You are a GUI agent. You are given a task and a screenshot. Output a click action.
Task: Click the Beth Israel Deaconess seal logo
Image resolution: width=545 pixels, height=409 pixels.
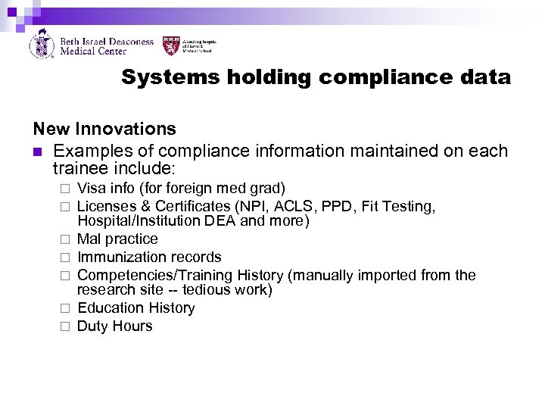[41, 44]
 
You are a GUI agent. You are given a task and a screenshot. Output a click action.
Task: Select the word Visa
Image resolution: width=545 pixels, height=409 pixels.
[92, 188]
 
